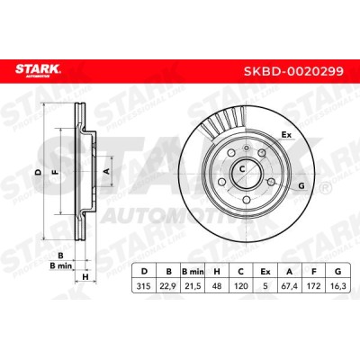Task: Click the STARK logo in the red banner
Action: pyautogui.click(x=38, y=71)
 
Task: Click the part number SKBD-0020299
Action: pyautogui.click(x=293, y=71)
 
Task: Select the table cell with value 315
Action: pyautogui.click(x=144, y=286)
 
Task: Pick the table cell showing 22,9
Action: pyautogui.click(x=168, y=286)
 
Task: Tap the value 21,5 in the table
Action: pyautogui.click(x=193, y=286)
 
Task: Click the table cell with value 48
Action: pyautogui.click(x=217, y=286)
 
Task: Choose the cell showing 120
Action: pyautogui.click(x=241, y=286)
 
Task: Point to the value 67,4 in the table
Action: pyautogui.click(x=290, y=286)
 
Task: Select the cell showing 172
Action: pyautogui.click(x=314, y=286)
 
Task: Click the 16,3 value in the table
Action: pyautogui.click(x=338, y=286)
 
